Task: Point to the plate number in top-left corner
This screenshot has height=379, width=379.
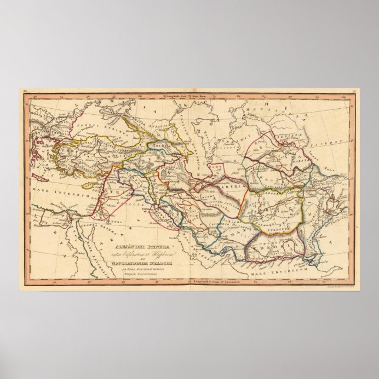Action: tap(25, 91)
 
